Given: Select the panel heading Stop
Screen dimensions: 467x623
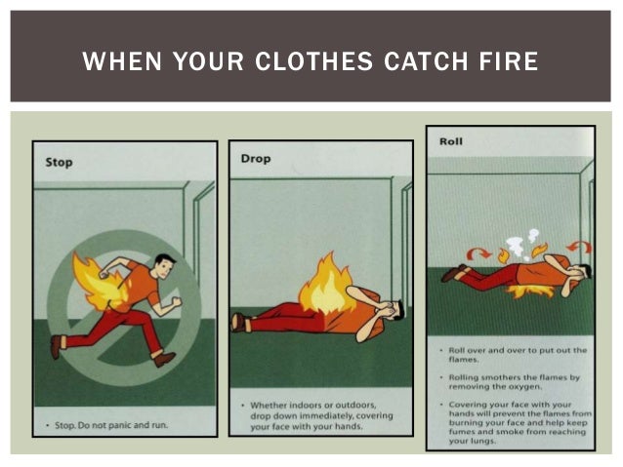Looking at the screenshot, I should click(x=60, y=162).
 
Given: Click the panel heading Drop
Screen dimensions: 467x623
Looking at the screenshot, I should click(x=256, y=158).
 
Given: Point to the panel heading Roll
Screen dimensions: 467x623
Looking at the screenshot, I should click(x=451, y=142).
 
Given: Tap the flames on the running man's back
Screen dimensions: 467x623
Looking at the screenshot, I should click(x=99, y=281).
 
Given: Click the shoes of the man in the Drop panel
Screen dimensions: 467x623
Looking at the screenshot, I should click(x=237, y=322).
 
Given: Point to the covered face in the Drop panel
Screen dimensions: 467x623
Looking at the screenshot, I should click(x=389, y=311).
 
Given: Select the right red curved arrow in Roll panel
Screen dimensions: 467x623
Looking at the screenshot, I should click(x=579, y=247).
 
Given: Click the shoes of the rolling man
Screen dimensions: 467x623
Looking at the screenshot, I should click(x=451, y=274).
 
